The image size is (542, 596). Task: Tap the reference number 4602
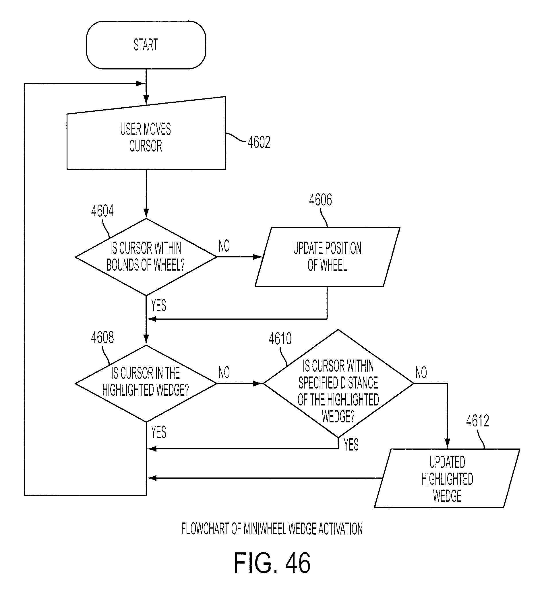259,142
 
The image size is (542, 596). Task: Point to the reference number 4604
102,211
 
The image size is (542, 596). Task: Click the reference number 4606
321,200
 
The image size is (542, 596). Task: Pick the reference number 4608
102,338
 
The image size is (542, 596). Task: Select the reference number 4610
280,339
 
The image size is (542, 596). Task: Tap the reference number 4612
477,421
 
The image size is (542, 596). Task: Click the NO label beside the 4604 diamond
224,246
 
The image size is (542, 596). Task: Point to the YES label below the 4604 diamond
159,305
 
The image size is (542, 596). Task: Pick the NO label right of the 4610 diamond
421,372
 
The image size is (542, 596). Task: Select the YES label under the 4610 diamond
351,445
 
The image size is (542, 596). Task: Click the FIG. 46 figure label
272,563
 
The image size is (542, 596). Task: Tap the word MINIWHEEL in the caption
265,529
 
